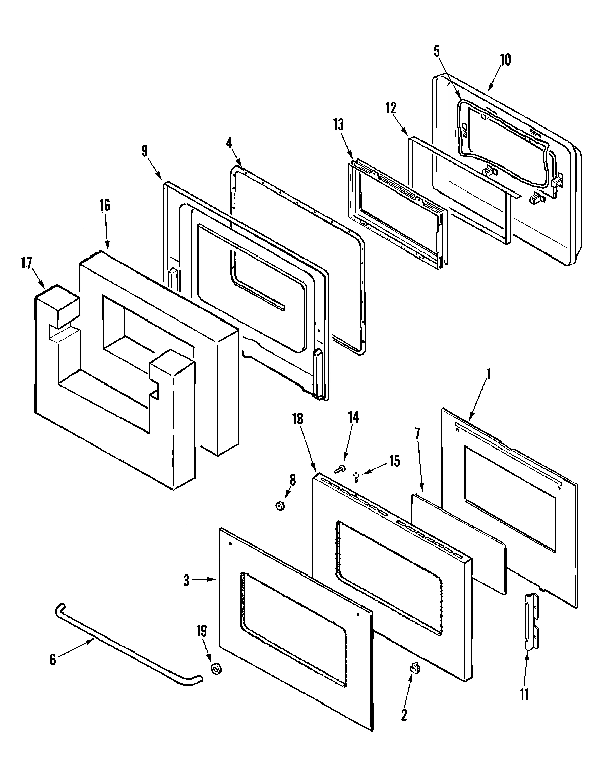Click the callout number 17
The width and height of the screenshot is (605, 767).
tap(26, 263)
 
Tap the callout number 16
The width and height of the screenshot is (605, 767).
tap(105, 205)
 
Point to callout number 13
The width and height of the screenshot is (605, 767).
tap(338, 124)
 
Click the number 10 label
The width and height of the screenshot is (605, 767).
tap(505, 60)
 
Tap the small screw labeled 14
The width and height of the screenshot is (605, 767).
tap(339, 469)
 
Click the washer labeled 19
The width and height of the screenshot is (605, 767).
tap(216, 669)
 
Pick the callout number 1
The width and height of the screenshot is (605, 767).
tap(489, 375)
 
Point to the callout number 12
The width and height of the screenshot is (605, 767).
tap(391, 108)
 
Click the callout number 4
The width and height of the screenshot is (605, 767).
tap(229, 142)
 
